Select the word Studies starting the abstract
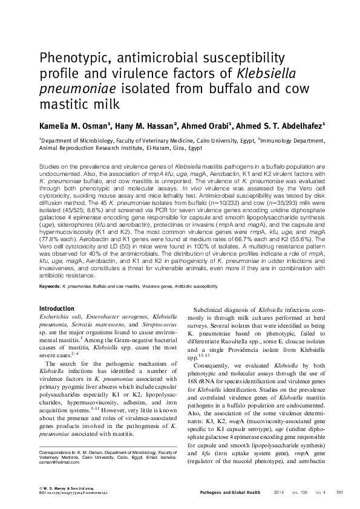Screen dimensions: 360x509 (50, 165)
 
